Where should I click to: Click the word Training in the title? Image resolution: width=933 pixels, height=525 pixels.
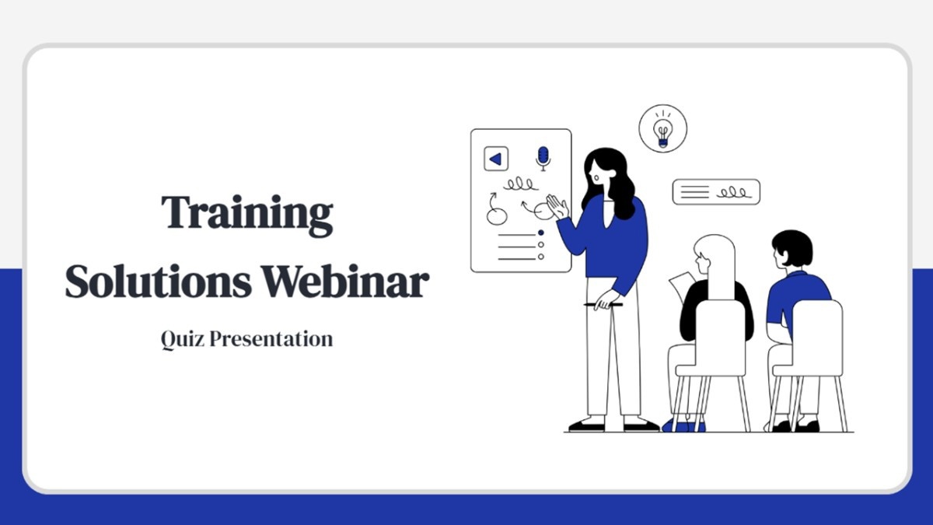(247, 214)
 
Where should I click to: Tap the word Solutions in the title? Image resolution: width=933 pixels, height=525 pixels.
(159, 282)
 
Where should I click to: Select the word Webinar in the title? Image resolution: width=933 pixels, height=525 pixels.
(345, 282)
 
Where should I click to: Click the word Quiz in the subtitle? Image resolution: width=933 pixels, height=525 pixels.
(183, 339)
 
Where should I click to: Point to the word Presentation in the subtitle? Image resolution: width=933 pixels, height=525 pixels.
(271, 339)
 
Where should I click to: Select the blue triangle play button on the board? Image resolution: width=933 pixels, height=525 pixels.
(496, 159)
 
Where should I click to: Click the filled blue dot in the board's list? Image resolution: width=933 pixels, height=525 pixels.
(540, 233)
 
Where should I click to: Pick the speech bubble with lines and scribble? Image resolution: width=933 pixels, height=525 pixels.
(716, 192)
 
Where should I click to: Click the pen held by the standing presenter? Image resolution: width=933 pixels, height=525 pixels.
(603, 305)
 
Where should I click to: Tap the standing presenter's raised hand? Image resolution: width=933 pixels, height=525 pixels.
(557, 207)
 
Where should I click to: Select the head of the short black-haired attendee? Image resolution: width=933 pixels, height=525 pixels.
(791, 249)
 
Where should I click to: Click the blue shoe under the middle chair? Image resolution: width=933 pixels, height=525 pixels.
(683, 426)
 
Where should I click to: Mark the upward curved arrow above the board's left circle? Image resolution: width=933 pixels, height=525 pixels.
(492, 201)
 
